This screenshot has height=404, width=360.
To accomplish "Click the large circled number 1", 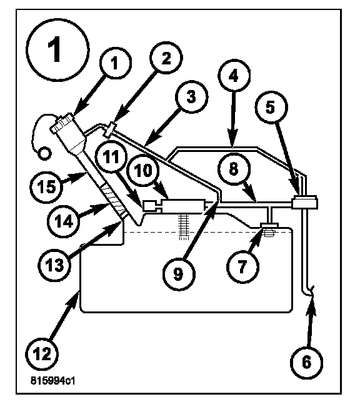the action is tap(57, 50).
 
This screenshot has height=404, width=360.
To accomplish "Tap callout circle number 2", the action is tap(166, 58).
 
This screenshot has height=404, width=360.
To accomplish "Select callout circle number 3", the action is tap(191, 97).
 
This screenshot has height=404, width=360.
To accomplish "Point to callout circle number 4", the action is tap(234, 76).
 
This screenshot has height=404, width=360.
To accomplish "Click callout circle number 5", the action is tap(271, 107).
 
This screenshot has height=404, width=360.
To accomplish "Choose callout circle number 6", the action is tap(306, 362).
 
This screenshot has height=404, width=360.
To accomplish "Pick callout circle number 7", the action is tap(242, 267).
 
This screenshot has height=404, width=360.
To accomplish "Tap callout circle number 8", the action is tap(234, 169).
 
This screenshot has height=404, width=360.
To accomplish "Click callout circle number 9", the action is tap(179, 274).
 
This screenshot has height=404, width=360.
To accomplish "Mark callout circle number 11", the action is tap(111, 157).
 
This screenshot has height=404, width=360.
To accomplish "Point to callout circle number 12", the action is tap(42, 355).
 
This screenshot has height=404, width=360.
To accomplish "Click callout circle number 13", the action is tap(54, 265).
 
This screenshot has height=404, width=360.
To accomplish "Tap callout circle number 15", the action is tap(46, 186).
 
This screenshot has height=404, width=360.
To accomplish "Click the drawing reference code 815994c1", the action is tap(53, 381).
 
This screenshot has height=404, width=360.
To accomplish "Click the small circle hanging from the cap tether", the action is tap(44, 153).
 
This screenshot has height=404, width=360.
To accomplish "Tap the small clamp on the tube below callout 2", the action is tap(110, 130).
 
